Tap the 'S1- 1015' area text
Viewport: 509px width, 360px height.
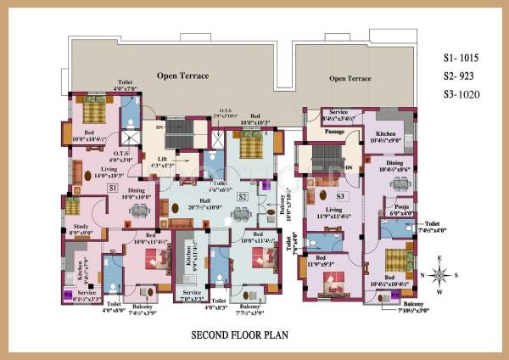[x=461, y=59]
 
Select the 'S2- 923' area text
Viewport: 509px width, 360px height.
[x=460, y=76]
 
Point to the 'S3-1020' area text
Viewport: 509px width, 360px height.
[x=461, y=94]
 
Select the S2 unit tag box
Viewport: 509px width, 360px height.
[x=242, y=197]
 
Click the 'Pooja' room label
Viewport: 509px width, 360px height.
[x=392, y=205]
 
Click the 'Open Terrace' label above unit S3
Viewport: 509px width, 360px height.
[x=350, y=78]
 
